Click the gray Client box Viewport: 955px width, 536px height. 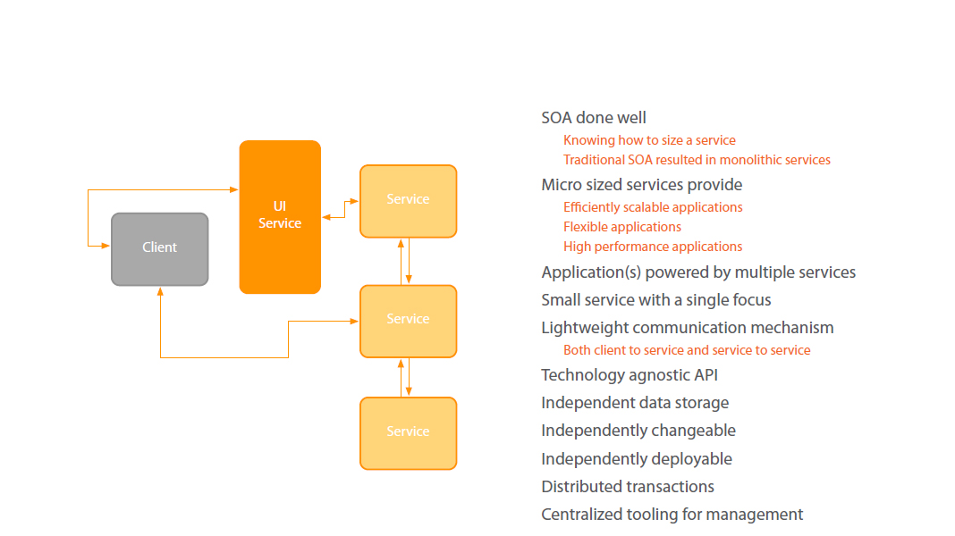(x=160, y=248)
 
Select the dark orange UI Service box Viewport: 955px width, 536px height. (x=280, y=216)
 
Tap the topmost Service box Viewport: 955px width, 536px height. (x=408, y=200)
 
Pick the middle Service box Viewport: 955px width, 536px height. (x=408, y=320)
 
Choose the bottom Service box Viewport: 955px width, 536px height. (x=408, y=432)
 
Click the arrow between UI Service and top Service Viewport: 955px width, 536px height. (x=340, y=212)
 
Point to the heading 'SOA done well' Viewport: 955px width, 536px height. (x=594, y=118)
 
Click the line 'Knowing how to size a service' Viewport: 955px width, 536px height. (x=649, y=140)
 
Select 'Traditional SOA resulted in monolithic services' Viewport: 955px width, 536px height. (x=697, y=160)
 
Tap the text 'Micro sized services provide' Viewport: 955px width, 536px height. (x=641, y=185)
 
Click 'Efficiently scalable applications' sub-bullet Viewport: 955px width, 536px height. (x=653, y=207)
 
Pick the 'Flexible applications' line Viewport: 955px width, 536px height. (x=622, y=227)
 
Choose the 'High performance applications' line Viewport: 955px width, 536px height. (x=653, y=247)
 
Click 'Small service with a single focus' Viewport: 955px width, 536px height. (x=655, y=300)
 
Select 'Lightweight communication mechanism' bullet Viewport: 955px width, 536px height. (x=687, y=328)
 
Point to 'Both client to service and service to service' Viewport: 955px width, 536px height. (x=687, y=350)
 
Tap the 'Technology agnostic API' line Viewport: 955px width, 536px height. (x=630, y=375)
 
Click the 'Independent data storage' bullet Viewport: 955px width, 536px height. (x=635, y=403)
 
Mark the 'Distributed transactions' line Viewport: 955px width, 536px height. (x=628, y=487)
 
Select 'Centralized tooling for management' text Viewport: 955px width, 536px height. (x=672, y=515)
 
